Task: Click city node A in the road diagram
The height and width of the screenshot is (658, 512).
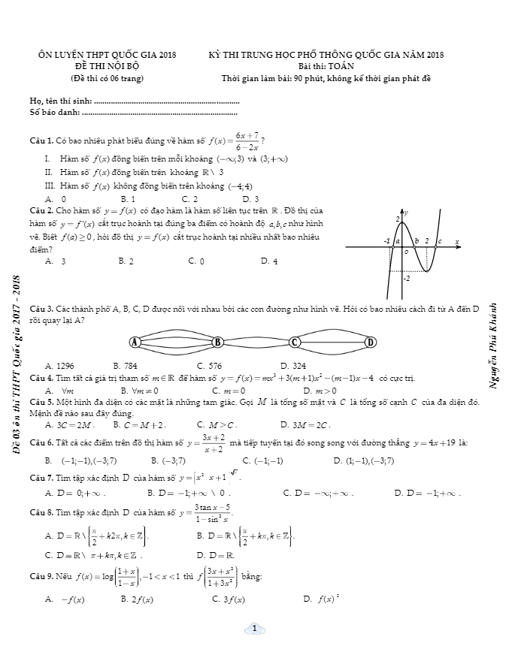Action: pyautogui.click(x=135, y=343)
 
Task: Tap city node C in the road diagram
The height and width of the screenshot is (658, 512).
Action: pyautogui.click(x=295, y=343)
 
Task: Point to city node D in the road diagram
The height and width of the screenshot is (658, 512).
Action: pyautogui.click(x=370, y=343)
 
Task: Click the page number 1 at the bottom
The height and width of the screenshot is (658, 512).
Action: pyautogui.click(x=255, y=628)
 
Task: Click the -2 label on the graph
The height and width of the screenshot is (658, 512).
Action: pyautogui.click(x=407, y=279)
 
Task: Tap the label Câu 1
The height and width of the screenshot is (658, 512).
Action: pyautogui.click(x=40, y=140)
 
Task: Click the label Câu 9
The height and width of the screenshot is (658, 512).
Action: pyautogui.click(x=40, y=576)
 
